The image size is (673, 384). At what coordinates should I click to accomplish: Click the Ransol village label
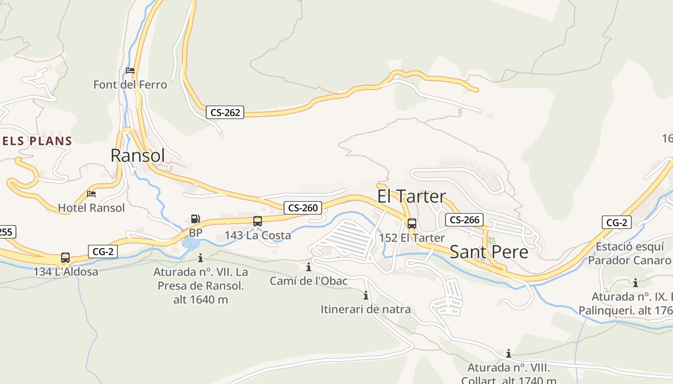[x=137, y=156]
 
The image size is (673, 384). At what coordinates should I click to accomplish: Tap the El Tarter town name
[x=411, y=196]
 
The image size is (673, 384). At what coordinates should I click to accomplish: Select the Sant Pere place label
[x=489, y=252]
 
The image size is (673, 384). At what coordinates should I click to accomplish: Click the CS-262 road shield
[x=225, y=112]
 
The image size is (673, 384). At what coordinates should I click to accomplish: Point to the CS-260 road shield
[x=302, y=208]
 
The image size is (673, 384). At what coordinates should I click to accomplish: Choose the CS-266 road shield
[x=464, y=220]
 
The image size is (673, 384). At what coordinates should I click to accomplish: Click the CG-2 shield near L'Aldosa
[x=103, y=251]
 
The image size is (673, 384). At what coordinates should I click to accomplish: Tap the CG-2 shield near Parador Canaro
[x=617, y=222]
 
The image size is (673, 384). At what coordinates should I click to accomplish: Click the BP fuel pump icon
[x=195, y=219]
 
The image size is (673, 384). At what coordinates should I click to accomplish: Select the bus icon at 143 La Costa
[x=258, y=221]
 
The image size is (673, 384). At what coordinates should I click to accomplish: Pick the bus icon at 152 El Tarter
[x=412, y=224]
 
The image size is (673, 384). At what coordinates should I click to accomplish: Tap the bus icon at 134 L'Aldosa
[x=65, y=258]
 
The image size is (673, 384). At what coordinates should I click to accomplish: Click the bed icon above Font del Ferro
[x=130, y=71]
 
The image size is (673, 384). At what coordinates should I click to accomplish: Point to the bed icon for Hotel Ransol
[x=91, y=194]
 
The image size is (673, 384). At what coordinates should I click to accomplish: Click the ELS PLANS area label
[x=37, y=141]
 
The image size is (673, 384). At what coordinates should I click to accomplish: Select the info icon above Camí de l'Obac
[x=309, y=267]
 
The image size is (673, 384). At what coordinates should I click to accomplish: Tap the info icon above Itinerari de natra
[x=366, y=295]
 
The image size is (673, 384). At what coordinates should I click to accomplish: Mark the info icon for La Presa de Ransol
[x=200, y=258]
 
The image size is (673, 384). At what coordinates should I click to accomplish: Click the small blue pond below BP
[x=191, y=243]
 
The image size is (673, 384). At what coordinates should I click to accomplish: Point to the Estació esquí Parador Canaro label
[x=630, y=253]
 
